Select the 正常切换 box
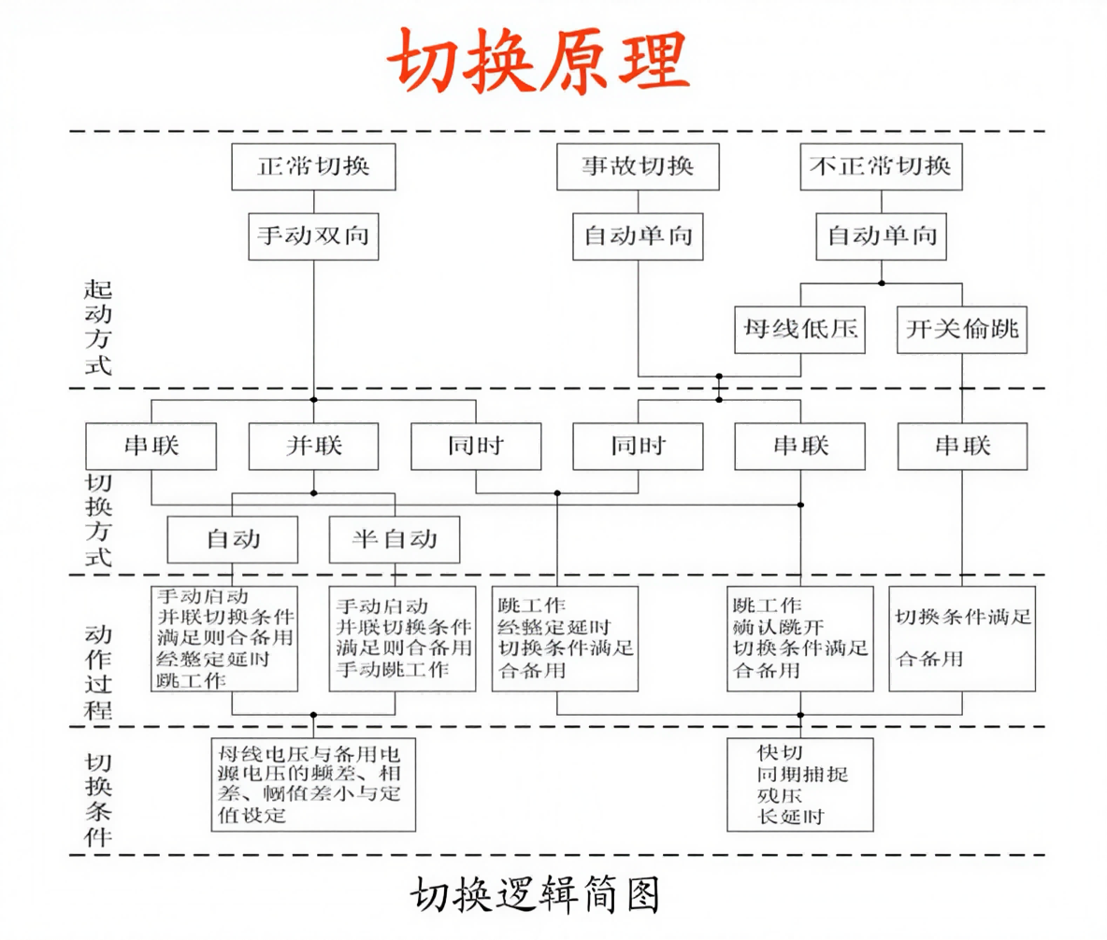pyautogui.click(x=313, y=166)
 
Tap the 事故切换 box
pyautogui.click(x=638, y=166)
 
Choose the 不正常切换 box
pyautogui.click(x=881, y=166)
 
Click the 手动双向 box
pyautogui.click(x=313, y=235)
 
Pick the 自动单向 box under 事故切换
pyautogui.click(x=638, y=235)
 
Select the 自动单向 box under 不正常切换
pyautogui.click(x=881, y=235)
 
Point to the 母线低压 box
pyautogui.click(x=800, y=330)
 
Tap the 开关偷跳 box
pyautogui.click(x=961, y=330)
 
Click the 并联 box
pyautogui.click(x=313, y=445)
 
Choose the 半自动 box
pyautogui.click(x=395, y=539)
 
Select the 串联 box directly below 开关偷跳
pyautogui.click(x=962, y=445)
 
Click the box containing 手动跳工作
pyautogui.click(x=395, y=638)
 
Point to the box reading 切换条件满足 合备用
pyautogui.click(x=962, y=638)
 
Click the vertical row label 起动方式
pyautogui.click(x=98, y=326)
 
